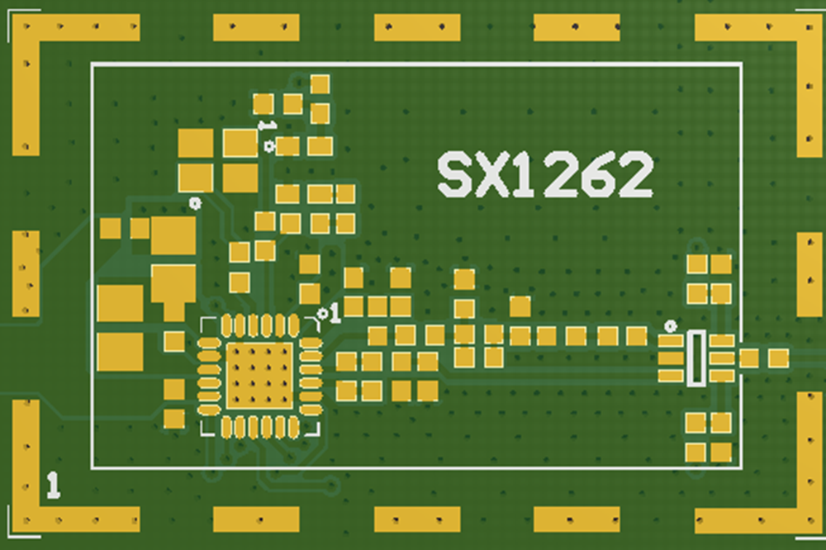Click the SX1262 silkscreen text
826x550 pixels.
pos(545,175)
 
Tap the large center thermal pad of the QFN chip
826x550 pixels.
pos(259,375)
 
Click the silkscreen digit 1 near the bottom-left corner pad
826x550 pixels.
pos(54,485)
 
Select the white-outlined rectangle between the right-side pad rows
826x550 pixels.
pos(696,358)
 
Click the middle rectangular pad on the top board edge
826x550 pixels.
pos(416,27)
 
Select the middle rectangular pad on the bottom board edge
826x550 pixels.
pos(416,519)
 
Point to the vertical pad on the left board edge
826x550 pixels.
pos(26,273)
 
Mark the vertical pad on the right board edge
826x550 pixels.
pos(809,273)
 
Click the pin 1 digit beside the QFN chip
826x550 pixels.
pos(335,313)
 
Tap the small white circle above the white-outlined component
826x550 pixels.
pos(671,326)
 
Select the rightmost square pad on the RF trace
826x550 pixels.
pos(778,358)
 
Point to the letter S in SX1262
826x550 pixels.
pos(455,175)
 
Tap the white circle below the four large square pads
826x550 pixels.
pos(195,202)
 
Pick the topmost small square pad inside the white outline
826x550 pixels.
pos(320,84)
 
